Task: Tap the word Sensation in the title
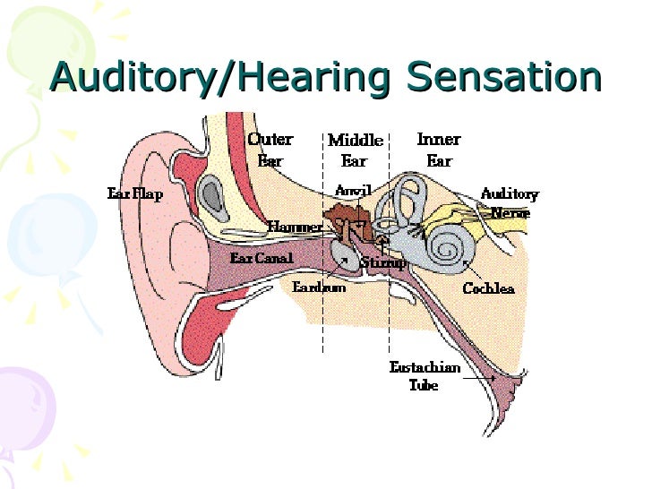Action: [502, 77]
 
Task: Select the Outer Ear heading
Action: [270, 150]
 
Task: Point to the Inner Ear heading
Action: [439, 150]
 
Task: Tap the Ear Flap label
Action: [134, 194]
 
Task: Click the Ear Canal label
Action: [261, 258]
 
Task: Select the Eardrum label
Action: [319, 287]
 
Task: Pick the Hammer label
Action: [295, 227]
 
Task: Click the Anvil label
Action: [353, 190]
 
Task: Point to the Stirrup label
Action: [382, 263]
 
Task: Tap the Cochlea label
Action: [488, 288]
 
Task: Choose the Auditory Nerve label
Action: [510, 202]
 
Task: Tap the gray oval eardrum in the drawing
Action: [340, 255]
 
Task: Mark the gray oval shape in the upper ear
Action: [211, 194]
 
